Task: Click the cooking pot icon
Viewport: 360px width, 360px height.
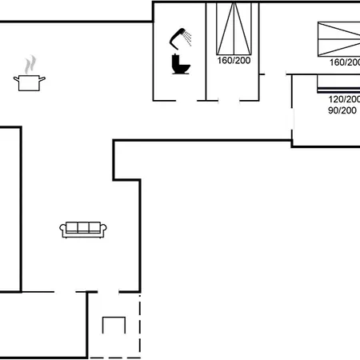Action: coord(30,83)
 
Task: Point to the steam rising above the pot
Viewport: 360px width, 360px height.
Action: coord(30,64)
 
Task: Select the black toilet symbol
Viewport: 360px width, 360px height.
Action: coord(181,64)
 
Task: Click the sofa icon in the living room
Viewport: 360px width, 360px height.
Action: coord(83,230)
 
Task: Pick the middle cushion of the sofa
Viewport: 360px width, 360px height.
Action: coord(83,227)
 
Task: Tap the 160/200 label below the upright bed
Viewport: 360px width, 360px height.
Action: coord(234,61)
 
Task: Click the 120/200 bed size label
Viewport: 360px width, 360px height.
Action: coord(344,99)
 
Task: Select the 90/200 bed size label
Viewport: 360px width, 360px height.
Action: coord(342,110)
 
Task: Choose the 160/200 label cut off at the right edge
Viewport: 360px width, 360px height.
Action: coord(345,62)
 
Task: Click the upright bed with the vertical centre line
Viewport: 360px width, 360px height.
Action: coord(234,29)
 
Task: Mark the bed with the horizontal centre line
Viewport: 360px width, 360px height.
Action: coord(339,39)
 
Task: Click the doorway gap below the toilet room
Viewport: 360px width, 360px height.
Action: coord(186,101)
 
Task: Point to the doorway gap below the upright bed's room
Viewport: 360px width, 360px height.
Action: coord(229,101)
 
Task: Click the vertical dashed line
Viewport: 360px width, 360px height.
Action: coord(140,325)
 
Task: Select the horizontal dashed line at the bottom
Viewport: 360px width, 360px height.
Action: coord(114,358)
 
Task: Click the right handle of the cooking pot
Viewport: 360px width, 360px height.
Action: coord(42,78)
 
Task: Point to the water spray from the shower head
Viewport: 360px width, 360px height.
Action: coord(187,38)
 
